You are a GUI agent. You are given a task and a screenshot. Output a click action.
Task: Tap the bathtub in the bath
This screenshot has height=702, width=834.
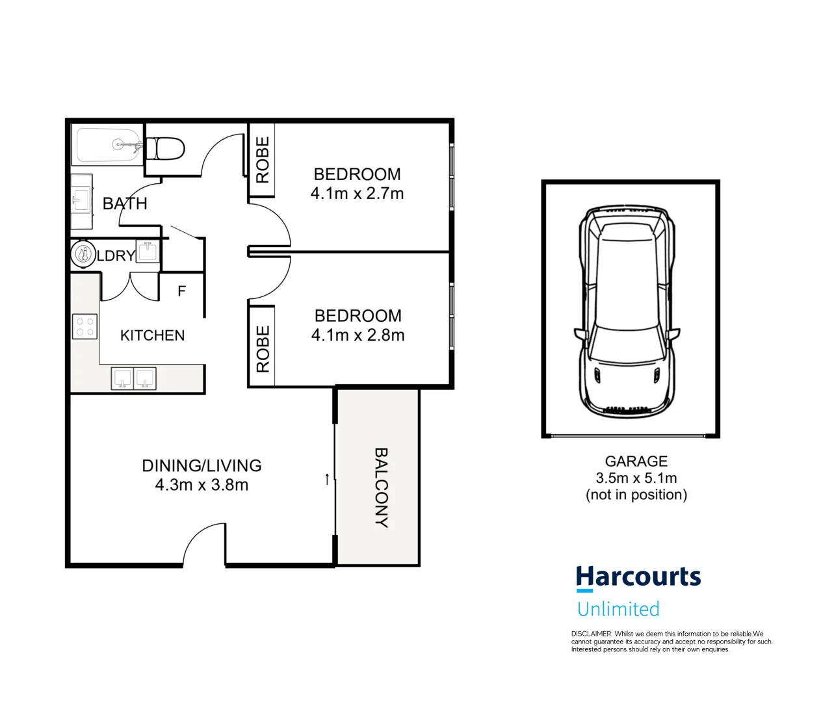pos(108,146)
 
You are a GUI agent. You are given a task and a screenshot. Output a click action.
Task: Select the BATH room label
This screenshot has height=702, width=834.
pos(125,203)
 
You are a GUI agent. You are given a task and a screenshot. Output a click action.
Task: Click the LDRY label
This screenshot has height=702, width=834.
pos(116,255)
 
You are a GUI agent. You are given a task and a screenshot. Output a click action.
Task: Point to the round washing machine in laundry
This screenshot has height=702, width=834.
pos(83,254)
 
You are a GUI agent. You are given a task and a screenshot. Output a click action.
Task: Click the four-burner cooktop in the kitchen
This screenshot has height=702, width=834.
pos(85,326)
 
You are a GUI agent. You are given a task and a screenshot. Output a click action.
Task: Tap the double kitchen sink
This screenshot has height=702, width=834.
pos(134,378)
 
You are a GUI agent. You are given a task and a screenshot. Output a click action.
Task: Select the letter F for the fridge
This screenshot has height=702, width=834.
pos(182,291)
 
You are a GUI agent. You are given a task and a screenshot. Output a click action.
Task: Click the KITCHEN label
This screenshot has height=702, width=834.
pos(152,335)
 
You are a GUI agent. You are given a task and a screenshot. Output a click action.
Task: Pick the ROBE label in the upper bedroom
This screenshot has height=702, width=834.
pos(263,160)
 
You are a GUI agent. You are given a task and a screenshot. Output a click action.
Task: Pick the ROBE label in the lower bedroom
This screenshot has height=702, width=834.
pos(263,349)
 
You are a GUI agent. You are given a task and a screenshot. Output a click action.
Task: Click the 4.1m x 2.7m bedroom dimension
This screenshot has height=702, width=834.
pos(357,194)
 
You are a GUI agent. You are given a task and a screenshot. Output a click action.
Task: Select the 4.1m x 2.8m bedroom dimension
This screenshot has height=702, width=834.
pos(358,335)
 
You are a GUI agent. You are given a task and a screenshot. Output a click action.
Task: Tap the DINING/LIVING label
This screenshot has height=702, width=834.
pos(202,465)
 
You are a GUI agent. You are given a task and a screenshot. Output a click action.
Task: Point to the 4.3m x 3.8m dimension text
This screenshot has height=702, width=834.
pos(202,485)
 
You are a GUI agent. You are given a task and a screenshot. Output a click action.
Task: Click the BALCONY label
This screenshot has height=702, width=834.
pos(381,487)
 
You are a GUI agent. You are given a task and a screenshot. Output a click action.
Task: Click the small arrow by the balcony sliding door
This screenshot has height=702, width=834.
pos(326,479)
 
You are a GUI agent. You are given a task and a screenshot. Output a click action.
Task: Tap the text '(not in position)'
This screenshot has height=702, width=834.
pos(636,495)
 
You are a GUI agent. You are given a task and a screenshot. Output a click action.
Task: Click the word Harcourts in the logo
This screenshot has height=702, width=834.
pos(638,577)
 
